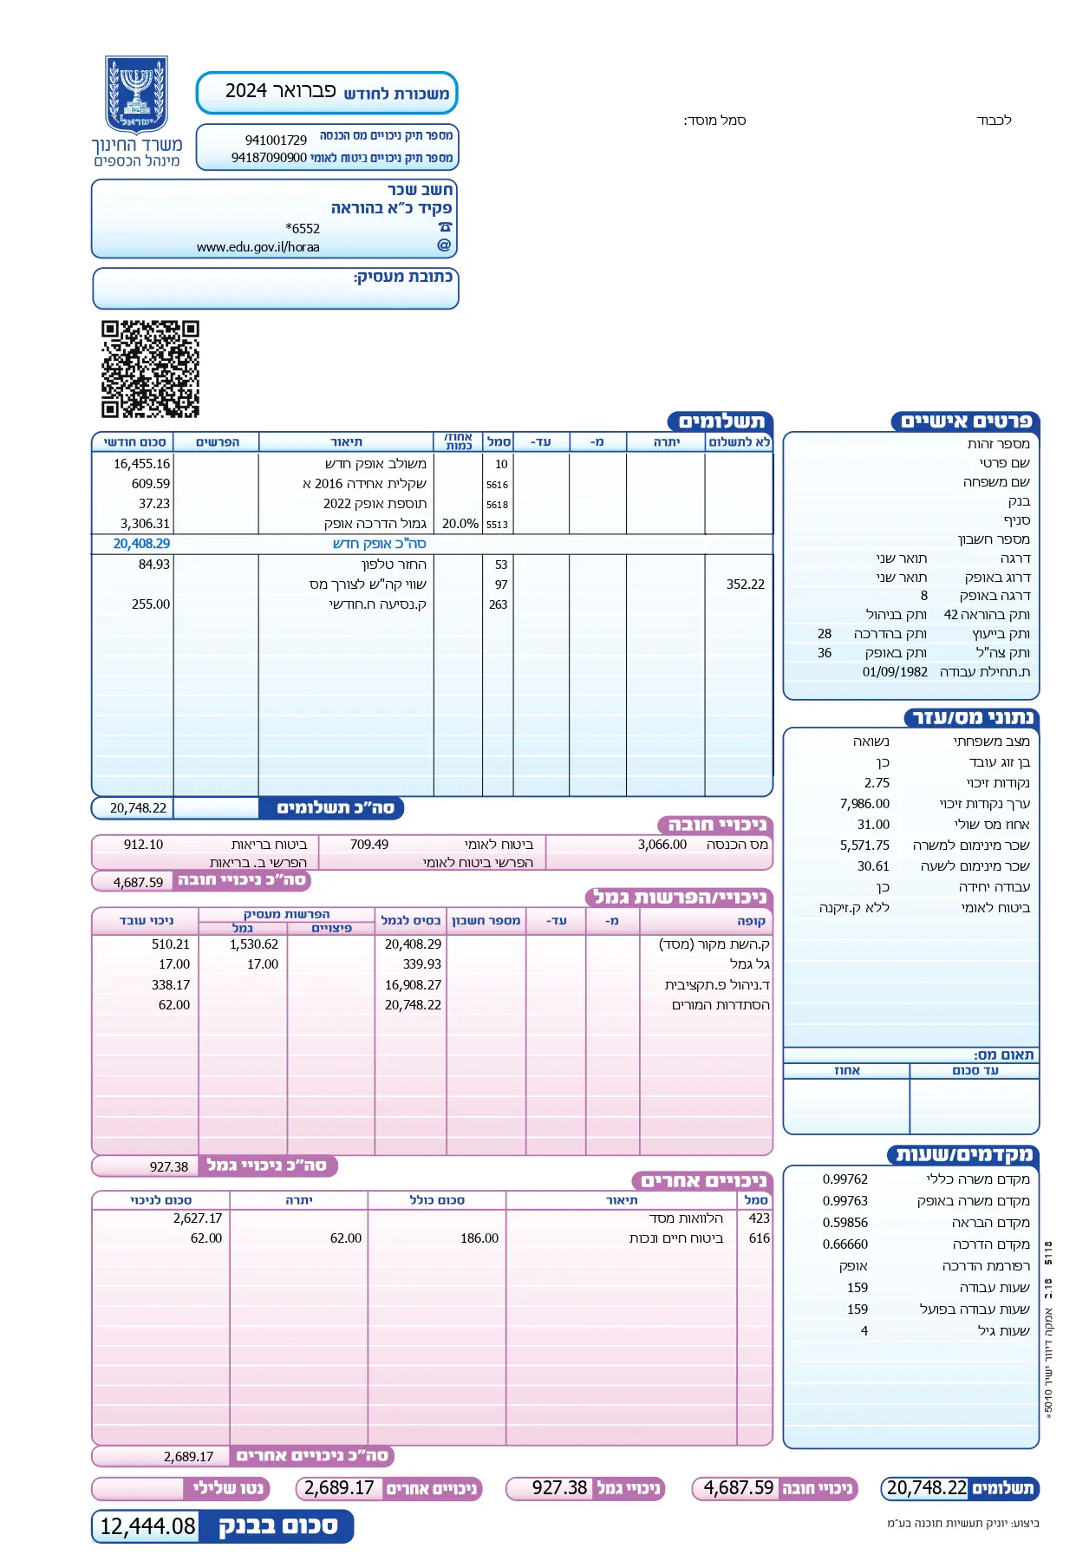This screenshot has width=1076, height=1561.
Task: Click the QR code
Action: (150, 369)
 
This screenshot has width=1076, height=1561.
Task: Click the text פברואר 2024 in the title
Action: (280, 91)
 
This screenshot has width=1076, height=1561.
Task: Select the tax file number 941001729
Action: (276, 140)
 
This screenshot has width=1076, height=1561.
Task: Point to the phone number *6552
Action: (303, 228)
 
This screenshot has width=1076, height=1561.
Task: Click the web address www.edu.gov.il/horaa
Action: (258, 247)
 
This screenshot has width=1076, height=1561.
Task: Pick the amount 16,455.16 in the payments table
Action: (141, 464)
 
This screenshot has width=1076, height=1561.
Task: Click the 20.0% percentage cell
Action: (460, 524)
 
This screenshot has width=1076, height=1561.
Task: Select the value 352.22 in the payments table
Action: (745, 585)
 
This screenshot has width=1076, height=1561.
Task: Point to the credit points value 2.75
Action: (877, 783)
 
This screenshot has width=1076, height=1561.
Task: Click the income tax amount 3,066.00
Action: (662, 845)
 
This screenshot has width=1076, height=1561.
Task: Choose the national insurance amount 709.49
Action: (368, 845)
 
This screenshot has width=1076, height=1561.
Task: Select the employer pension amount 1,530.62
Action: (253, 944)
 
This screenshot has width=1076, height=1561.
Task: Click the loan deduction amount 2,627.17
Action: (197, 1218)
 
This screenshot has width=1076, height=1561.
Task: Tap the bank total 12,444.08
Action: (147, 1526)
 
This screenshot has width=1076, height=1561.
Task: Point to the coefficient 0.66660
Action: (844, 1244)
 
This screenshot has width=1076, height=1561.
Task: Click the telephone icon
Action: (445, 227)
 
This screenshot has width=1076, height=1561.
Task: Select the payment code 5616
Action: (497, 485)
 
